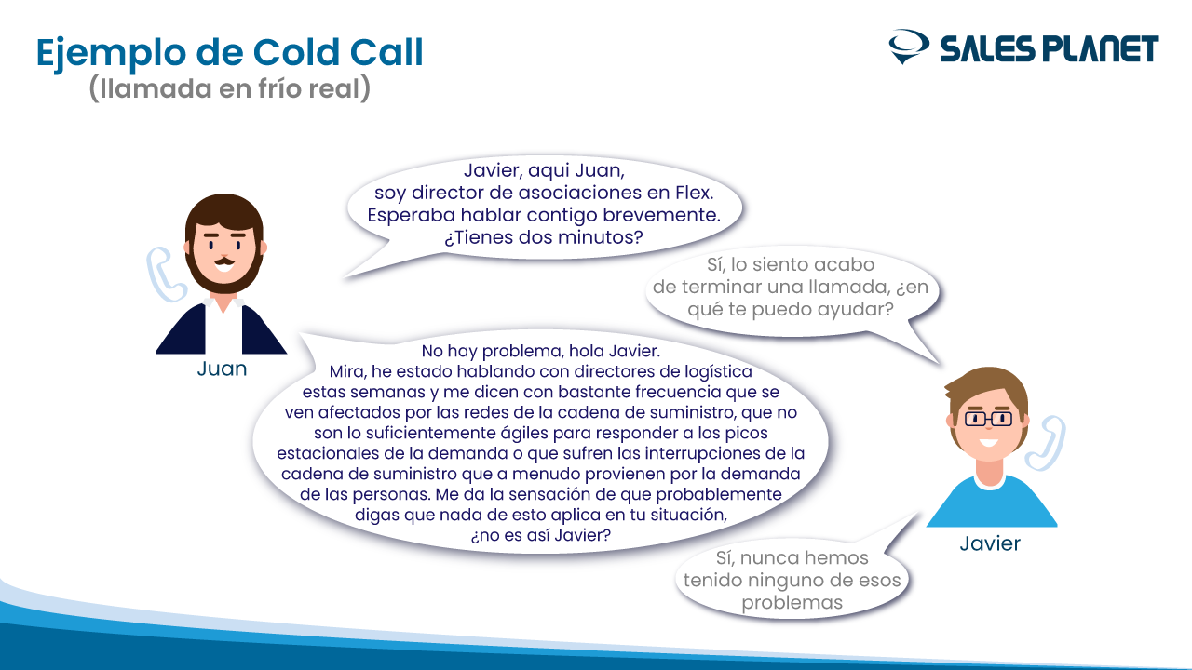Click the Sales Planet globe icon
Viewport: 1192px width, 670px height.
point(909,47)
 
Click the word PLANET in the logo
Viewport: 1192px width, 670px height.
point(1100,49)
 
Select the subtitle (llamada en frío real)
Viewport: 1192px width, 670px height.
point(229,87)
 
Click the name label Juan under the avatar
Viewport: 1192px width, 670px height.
point(222,368)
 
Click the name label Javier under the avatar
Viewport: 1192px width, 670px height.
point(990,543)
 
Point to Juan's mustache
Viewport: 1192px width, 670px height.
point(224,261)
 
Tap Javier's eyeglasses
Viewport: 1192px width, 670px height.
point(989,419)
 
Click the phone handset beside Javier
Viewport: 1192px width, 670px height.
point(1046,443)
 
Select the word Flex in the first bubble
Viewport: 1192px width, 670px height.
point(694,193)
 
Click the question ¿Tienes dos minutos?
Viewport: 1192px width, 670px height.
point(544,237)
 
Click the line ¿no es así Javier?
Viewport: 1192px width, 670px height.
point(541,535)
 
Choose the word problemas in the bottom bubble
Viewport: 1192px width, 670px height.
point(792,603)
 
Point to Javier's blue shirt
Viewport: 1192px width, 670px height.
point(992,502)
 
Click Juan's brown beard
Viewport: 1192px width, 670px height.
point(224,273)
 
